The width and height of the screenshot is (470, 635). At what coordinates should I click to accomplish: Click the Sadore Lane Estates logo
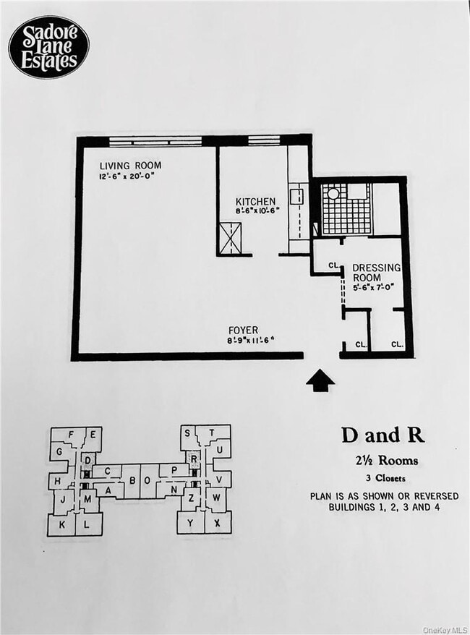coord(48,47)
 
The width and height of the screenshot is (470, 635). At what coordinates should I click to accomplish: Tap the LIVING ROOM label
coord(130,166)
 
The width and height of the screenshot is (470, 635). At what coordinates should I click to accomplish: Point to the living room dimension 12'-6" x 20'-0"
coord(127,176)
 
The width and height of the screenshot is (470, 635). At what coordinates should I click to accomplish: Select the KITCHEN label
coord(255,201)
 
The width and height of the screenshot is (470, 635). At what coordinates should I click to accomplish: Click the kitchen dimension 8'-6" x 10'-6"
coord(257,210)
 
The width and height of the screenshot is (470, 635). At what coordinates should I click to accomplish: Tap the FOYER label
coord(243,331)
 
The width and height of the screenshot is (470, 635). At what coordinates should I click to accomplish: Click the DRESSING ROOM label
coord(376,273)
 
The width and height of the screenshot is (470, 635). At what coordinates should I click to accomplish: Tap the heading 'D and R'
coord(383,435)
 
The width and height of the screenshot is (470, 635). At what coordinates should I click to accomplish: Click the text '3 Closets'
coord(385,478)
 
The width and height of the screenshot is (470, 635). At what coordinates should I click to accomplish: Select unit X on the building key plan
coord(217,522)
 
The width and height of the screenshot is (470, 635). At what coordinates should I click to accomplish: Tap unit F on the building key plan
coord(70,434)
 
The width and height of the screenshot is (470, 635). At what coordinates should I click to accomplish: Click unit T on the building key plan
coord(211,432)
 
